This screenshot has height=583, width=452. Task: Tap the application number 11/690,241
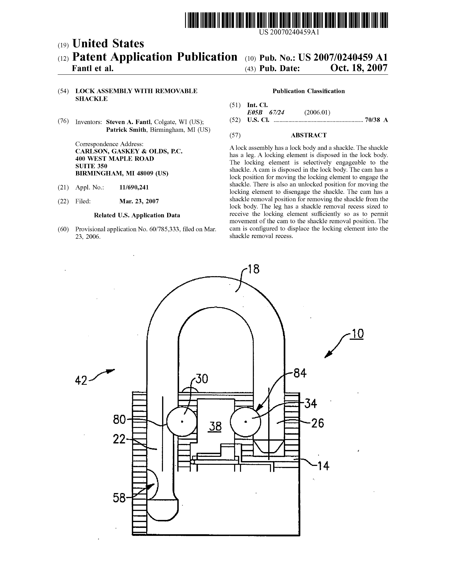click(x=134, y=187)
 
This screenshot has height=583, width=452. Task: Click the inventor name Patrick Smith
click(x=126, y=130)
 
